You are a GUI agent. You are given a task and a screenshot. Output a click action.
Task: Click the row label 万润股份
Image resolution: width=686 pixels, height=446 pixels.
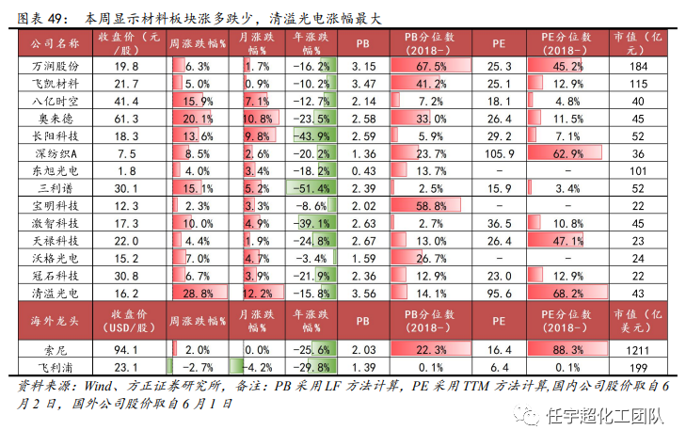(x=56, y=66)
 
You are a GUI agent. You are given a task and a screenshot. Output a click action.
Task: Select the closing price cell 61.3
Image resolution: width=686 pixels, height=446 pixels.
(x=126, y=119)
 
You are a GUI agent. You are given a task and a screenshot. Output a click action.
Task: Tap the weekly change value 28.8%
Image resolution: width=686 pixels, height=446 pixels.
(x=198, y=293)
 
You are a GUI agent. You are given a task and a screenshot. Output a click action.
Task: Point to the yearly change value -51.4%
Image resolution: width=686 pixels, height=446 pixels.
(x=311, y=188)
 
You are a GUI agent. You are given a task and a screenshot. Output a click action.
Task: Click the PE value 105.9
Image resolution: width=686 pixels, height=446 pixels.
(x=499, y=153)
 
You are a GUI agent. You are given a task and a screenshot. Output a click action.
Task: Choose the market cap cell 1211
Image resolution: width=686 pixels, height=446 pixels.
(x=637, y=350)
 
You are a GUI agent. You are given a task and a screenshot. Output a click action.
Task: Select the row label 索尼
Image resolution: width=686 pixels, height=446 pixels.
(x=56, y=350)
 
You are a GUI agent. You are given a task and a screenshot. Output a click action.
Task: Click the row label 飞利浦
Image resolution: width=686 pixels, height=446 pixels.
(x=56, y=368)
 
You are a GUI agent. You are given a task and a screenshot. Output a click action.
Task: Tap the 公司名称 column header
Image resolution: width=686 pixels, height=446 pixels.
(x=56, y=43)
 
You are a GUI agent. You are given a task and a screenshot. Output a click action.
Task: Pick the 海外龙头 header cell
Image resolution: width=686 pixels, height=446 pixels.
(x=56, y=321)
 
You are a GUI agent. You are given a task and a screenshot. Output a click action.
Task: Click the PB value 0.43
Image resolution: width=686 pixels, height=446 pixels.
(x=363, y=171)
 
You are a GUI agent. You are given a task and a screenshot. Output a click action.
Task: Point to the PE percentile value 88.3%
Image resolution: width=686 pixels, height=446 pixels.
(x=567, y=350)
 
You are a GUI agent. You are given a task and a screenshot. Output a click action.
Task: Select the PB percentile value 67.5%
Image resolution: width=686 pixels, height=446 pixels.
(x=431, y=66)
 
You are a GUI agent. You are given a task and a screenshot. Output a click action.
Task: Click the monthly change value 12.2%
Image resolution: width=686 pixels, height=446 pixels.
(x=257, y=293)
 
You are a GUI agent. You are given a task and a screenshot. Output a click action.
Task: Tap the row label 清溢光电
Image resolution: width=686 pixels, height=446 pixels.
(x=56, y=293)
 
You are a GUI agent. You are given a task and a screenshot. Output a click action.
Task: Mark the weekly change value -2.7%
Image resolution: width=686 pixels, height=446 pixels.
(x=198, y=367)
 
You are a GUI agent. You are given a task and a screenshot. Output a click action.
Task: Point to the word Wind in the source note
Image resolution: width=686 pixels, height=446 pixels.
(x=98, y=386)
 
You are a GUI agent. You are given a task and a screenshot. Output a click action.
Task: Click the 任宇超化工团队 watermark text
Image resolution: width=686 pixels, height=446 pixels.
(x=605, y=416)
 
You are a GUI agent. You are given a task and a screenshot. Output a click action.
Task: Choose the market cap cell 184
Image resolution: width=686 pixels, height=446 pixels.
(x=638, y=66)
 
